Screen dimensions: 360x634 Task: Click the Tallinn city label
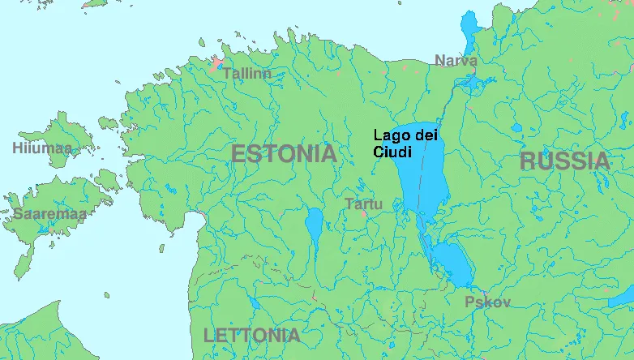point(246,74)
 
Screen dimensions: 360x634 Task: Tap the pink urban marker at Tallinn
point(216,63)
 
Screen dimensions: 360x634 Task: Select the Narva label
point(456,60)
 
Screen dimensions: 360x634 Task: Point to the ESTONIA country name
point(283,153)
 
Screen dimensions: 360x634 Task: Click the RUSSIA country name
point(564,161)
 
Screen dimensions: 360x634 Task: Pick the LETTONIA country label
point(251,335)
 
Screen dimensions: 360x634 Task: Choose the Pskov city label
point(487,302)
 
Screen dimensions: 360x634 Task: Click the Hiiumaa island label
point(41,148)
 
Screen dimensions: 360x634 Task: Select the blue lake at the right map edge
point(623,297)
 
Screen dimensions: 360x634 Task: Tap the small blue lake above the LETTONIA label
point(253,304)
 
